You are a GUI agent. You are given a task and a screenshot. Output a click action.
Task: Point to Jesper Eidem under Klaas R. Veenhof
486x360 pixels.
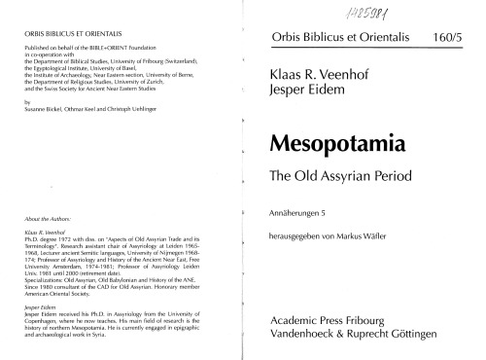coord(304,93)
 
